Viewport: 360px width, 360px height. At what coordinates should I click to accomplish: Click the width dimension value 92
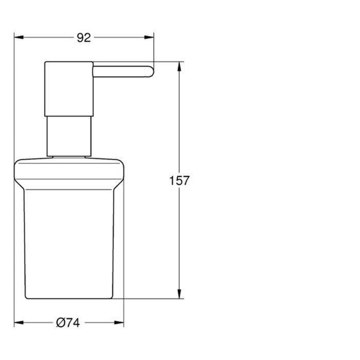[83, 38]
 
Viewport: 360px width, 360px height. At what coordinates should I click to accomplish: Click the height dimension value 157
[179, 181]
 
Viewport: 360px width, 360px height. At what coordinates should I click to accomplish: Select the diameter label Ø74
[67, 323]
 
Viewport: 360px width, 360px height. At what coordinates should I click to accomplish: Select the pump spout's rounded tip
[150, 71]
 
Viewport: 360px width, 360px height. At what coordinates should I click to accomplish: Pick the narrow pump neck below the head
[69, 136]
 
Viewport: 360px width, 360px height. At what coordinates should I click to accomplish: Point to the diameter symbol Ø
[60, 323]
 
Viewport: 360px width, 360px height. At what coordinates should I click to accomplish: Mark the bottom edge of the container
[69, 298]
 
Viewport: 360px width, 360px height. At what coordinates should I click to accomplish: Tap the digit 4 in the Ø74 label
[75, 323]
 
